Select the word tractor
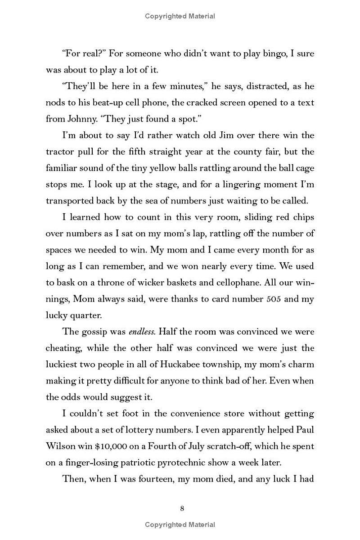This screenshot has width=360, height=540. (x=59, y=152)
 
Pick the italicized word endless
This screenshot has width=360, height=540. (x=142, y=332)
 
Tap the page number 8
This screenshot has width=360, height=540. (x=182, y=508)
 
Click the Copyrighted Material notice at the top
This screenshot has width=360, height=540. (x=180, y=16)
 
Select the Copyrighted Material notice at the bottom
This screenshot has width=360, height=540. (x=180, y=525)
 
